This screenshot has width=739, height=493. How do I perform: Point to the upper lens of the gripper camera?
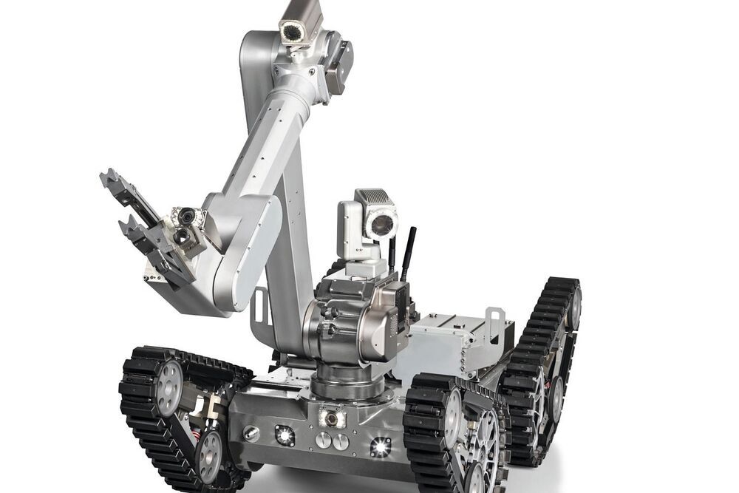click(x=187, y=216)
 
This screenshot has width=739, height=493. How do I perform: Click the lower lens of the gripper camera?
click(x=180, y=236)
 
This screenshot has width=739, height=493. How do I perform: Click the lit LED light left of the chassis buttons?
click(x=285, y=435)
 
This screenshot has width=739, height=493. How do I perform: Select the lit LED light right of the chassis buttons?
click(x=381, y=446)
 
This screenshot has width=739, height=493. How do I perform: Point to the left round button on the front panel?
click(x=323, y=440)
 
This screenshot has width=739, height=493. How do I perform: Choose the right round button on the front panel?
click(x=340, y=442)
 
